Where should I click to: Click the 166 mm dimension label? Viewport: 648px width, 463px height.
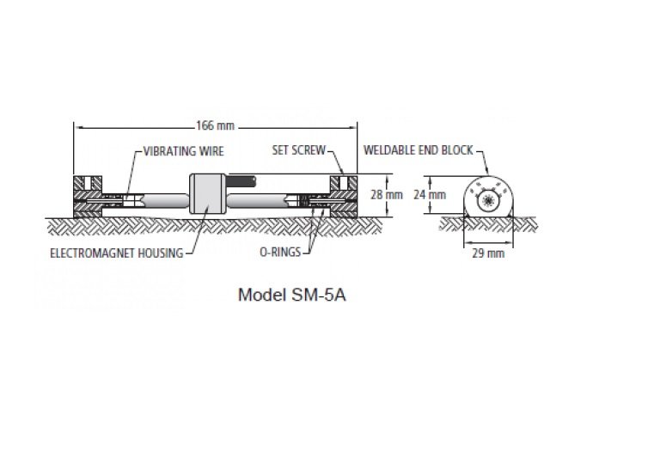click(x=215, y=125)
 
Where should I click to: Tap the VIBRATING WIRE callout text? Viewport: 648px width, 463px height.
click(x=184, y=151)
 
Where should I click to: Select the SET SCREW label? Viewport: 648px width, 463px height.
click(x=299, y=150)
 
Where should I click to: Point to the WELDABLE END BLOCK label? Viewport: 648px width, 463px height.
click(x=419, y=150)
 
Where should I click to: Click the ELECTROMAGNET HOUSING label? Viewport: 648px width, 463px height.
click(x=117, y=253)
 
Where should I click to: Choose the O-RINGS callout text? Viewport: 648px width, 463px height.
click(x=280, y=252)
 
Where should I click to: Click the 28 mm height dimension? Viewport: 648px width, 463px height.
click(x=387, y=194)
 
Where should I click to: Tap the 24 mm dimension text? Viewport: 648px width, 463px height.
click(x=430, y=194)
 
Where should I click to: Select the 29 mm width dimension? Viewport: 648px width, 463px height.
click(x=488, y=253)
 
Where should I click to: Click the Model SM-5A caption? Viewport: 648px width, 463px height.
click(x=291, y=295)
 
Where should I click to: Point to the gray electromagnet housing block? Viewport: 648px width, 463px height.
click(x=207, y=194)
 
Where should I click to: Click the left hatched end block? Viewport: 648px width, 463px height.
click(x=88, y=197)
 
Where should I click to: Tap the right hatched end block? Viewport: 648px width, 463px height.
click(x=344, y=197)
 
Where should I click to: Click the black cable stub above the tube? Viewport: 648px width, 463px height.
click(x=241, y=181)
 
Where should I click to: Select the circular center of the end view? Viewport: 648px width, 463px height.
click(x=488, y=201)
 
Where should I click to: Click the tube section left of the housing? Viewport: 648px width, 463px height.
click(x=163, y=201)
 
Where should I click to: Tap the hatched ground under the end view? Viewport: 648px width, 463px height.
click(x=488, y=224)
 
